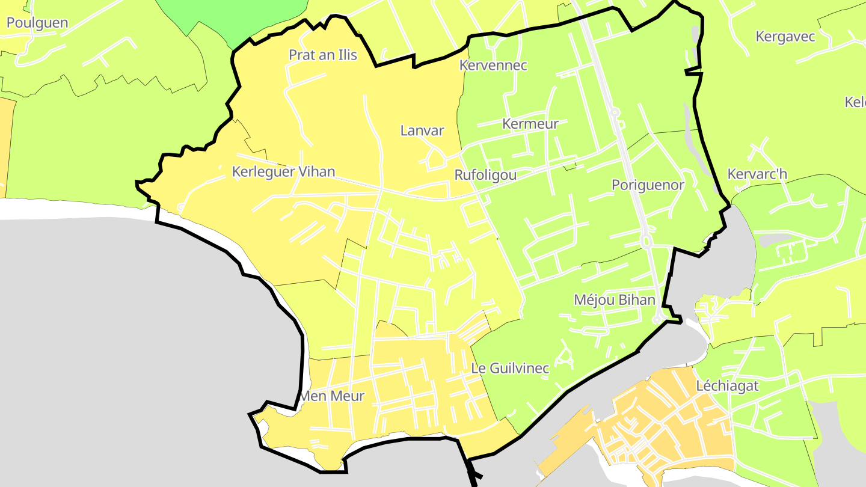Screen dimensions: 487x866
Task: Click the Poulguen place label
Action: point(37,23)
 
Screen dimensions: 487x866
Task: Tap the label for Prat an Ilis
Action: point(323,55)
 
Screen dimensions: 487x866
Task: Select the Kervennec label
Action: point(493,66)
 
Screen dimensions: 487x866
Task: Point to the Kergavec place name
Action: point(785,37)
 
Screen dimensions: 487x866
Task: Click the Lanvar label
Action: point(422,130)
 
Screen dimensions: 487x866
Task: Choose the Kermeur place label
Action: point(530,124)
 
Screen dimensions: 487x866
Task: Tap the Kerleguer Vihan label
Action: point(283,172)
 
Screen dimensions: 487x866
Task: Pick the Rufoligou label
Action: point(485,175)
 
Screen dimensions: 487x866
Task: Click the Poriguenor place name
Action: point(648,185)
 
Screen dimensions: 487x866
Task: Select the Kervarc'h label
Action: point(757,174)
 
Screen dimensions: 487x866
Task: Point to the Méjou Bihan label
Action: point(614,299)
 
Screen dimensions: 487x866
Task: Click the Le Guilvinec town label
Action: point(510,368)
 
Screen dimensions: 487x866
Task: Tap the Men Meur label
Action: point(332,396)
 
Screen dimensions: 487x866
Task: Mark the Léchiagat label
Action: point(728,386)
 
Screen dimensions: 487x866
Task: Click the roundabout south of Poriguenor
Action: point(647,242)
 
